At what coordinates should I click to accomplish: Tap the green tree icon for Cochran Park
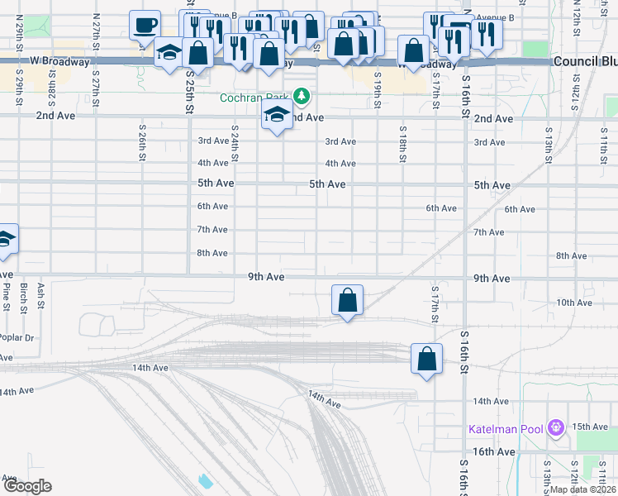click(x=303, y=98)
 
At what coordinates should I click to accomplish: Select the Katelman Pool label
click(x=505, y=429)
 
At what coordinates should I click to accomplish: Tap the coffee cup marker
click(x=145, y=26)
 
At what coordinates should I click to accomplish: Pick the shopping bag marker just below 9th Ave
click(x=348, y=301)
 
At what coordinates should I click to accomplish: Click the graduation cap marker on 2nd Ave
click(x=278, y=117)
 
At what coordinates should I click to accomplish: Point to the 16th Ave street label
click(x=495, y=452)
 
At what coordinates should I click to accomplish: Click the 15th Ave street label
click(x=590, y=427)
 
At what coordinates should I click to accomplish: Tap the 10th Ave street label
click(x=574, y=303)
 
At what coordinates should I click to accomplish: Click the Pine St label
click(x=6, y=295)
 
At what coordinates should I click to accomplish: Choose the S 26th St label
click(x=142, y=145)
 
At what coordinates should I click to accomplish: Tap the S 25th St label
click(x=190, y=93)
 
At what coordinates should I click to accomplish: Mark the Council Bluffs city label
click(x=585, y=62)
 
